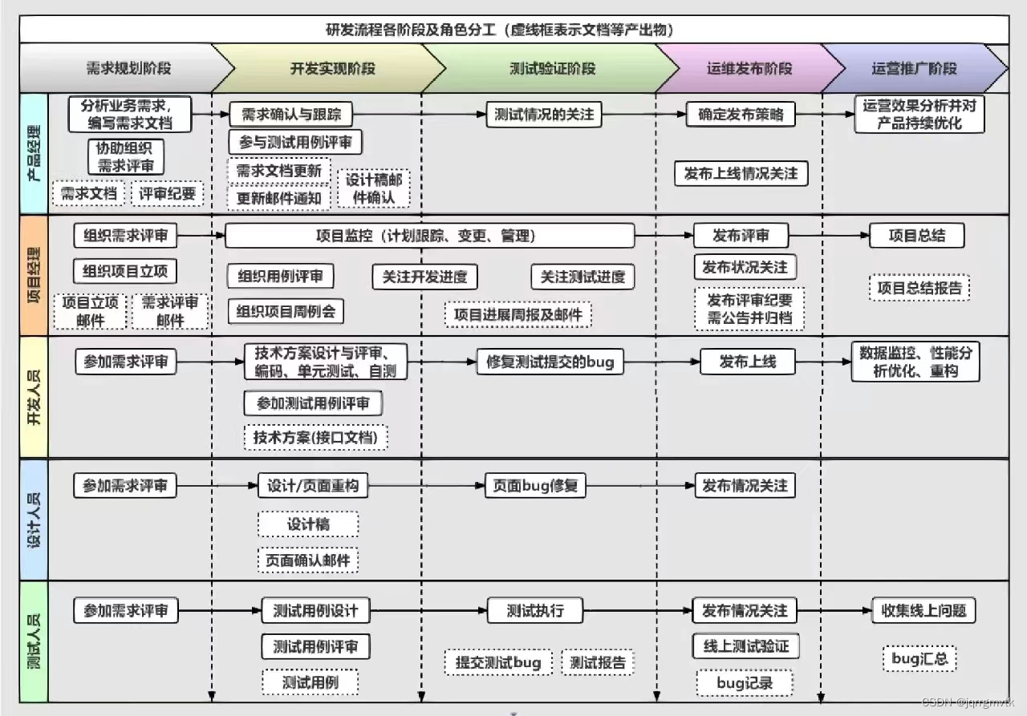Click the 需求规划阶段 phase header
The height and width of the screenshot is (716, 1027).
coord(128,68)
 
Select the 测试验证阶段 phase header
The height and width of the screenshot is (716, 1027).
coord(552,68)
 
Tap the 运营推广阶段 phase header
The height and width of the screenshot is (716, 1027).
coord(914,68)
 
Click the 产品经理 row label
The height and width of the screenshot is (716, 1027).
coord(35,152)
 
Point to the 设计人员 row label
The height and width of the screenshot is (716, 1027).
coord(35,519)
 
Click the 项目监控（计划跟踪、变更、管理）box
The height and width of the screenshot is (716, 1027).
coord(430,236)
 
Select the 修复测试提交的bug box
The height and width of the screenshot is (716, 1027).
coord(550,362)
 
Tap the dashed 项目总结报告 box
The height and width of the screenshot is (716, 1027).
coord(919,288)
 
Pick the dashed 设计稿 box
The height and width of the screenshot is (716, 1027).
coord(308,524)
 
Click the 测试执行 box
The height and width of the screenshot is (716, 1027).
coord(535,611)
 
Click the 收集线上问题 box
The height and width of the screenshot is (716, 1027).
coord(923,611)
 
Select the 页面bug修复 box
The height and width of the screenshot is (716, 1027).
coord(537,486)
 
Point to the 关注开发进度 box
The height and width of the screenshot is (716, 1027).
coord(424,277)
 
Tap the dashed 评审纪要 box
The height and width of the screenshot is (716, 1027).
coord(168,193)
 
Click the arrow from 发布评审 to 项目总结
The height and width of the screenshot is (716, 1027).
coord(830,236)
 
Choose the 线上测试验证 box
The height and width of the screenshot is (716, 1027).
coord(745,646)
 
